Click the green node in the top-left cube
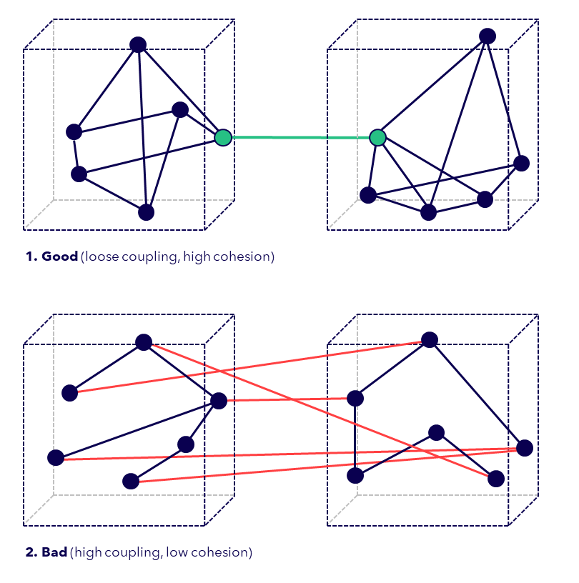223,137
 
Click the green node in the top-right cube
377,137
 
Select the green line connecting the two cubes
300,137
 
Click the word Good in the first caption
60,256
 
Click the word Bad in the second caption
54,552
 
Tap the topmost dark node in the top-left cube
138,44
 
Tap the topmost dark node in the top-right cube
488,36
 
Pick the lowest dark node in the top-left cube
147,212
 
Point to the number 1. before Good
31,256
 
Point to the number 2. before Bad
32,552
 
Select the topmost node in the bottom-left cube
144,342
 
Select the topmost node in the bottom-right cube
429,340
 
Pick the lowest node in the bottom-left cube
131,481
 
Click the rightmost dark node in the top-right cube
522,163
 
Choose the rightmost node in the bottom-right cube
525,448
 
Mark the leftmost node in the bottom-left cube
55,457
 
